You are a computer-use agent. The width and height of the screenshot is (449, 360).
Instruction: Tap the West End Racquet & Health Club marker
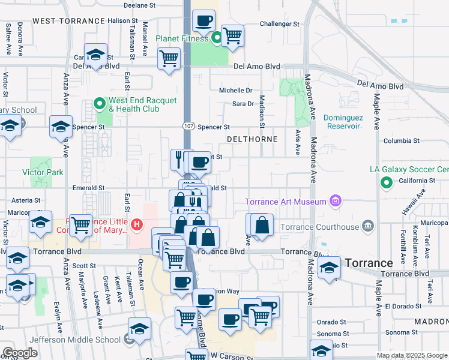100,104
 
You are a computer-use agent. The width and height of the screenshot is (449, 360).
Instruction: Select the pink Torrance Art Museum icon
336,201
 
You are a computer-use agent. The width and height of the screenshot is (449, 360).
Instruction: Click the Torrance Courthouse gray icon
367,227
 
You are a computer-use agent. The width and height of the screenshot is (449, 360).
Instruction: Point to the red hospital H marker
137,226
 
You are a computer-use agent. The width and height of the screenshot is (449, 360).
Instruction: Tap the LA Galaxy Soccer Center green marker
387,182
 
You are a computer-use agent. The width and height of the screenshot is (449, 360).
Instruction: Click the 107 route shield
188,127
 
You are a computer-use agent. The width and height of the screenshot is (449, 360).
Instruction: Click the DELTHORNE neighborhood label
252,139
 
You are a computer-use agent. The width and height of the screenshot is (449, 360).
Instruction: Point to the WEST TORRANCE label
68,21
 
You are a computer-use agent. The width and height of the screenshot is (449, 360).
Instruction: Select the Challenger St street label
279,24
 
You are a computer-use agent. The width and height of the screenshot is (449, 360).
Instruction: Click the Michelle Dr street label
235,91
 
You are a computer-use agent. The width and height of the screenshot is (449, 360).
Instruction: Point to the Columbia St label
401,141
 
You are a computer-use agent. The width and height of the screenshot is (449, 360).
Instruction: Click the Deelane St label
139,5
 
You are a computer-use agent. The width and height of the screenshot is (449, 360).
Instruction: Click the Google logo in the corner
20,353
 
